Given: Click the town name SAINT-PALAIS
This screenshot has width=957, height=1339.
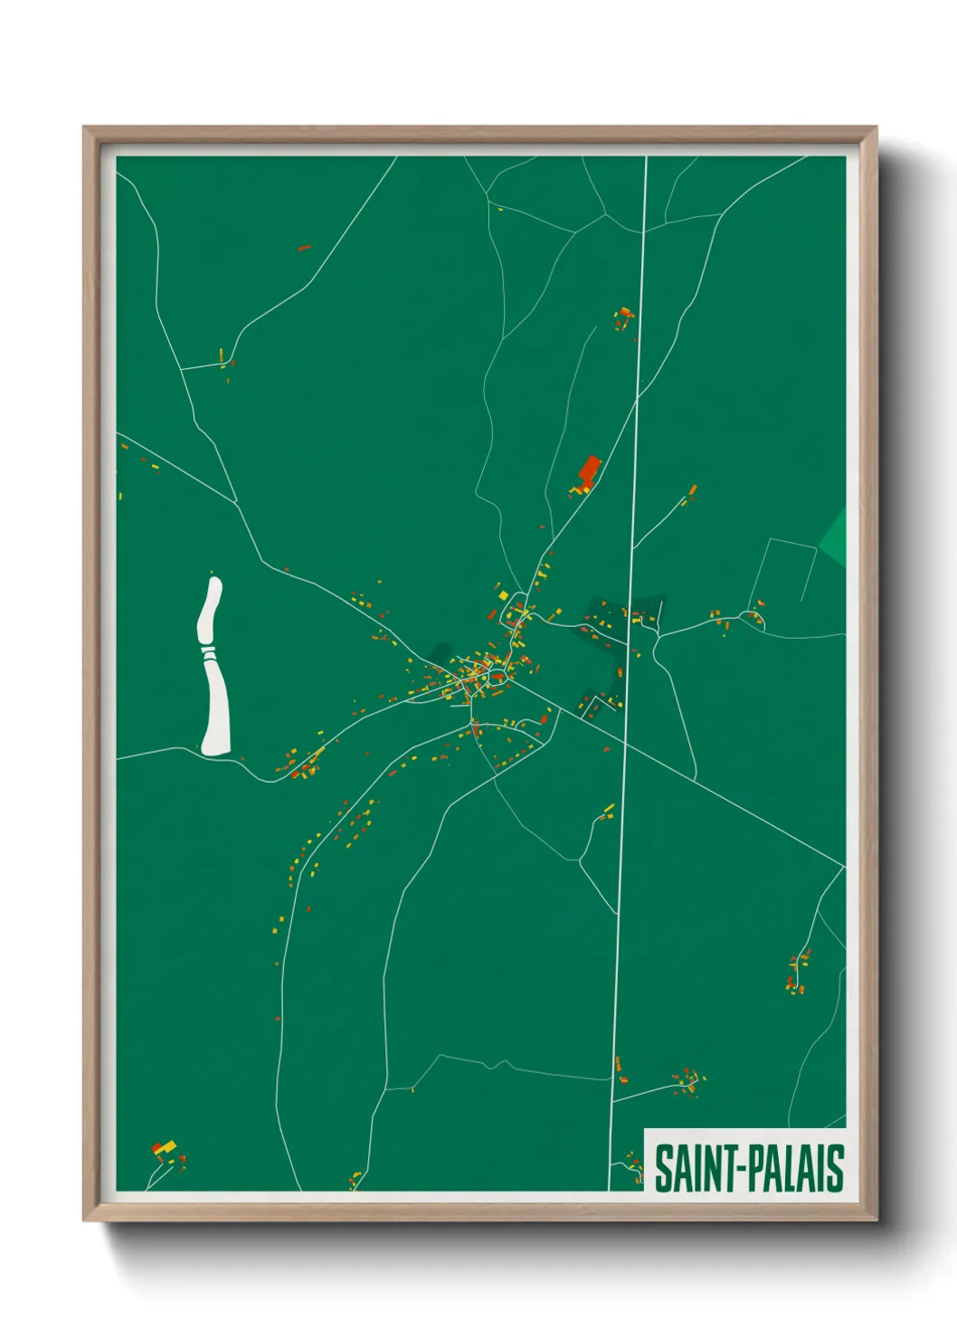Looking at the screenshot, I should (748, 1168).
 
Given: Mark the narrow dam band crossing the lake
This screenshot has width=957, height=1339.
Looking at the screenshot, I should (209, 650).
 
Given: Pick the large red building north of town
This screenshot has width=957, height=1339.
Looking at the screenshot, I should (590, 470).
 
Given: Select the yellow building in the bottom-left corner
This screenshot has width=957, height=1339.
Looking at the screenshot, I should (167, 1146).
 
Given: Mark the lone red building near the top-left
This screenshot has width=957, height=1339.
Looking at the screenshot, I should (304, 247).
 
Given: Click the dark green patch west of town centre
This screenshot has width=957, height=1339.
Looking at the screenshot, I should (441, 653).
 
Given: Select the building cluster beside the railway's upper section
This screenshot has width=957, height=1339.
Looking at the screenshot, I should (623, 318).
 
